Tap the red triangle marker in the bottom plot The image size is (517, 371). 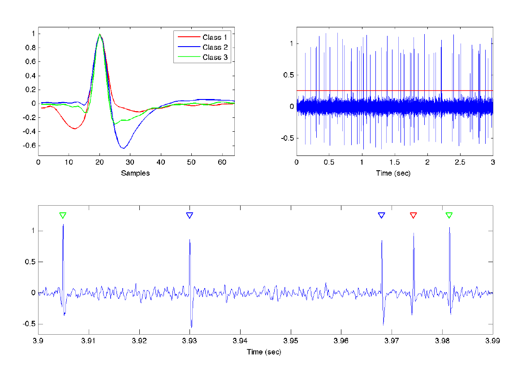click(414, 216)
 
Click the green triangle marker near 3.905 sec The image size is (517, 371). click(63, 216)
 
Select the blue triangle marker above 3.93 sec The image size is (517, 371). click(190, 216)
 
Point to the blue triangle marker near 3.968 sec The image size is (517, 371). click(381, 216)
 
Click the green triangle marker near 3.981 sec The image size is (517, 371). click(449, 216)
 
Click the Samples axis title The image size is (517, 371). click(136, 173)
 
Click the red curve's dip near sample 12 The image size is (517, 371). click(75, 129)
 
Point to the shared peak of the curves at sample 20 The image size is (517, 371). click(99, 35)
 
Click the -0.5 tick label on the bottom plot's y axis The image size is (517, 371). click(27, 324)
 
